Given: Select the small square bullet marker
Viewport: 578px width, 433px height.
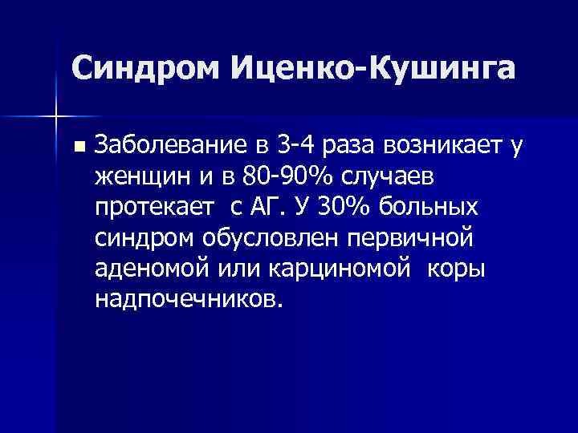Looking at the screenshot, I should (77, 147).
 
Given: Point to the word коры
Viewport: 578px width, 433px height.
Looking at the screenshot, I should (456, 268).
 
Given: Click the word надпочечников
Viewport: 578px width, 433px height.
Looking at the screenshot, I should (188, 299).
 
